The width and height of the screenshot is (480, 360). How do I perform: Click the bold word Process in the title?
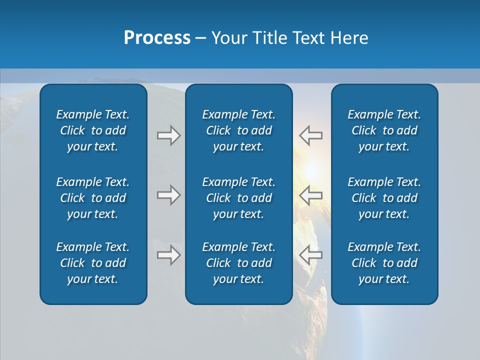tap(157, 38)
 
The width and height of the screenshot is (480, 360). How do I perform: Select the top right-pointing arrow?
tap(168, 135)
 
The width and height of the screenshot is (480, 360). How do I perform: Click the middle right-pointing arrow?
tap(168, 195)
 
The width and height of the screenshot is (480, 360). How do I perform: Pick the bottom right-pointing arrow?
tap(168, 255)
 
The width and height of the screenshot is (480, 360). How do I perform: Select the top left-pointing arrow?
tap(310, 135)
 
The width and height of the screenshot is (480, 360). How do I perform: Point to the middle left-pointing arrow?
tap(310, 195)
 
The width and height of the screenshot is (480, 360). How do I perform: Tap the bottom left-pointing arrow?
tap(310, 255)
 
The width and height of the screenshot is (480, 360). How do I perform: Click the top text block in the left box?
tap(93, 130)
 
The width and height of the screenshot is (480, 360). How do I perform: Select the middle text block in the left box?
tap(93, 198)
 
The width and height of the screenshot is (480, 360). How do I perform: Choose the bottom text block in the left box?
tap(93, 263)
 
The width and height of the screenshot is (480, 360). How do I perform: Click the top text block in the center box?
tap(238, 130)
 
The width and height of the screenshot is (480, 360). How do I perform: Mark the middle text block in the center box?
tap(238, 198)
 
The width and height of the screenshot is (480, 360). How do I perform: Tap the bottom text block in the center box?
tap(238, 263)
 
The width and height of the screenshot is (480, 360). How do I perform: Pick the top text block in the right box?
tap(384, 130)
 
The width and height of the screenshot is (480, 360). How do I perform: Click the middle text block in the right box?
tap(384, 198)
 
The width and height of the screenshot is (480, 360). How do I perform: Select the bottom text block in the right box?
tap(384, 263)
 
